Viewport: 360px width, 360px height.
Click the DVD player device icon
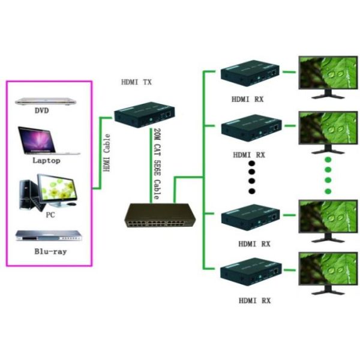point(49,100)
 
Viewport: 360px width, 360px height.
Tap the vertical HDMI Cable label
point(107,154)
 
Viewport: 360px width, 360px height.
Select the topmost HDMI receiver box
point(250,74)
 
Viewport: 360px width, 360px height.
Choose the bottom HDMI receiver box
point(250,274)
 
